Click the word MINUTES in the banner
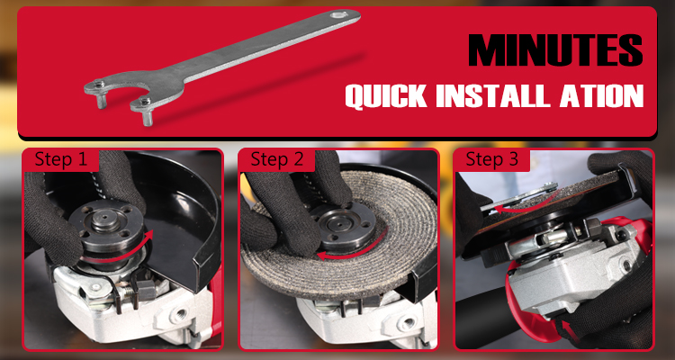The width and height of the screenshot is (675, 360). point(555,49)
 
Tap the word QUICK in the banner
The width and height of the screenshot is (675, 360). point(386,95)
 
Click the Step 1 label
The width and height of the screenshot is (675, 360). point(60,159)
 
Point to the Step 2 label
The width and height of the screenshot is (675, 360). point(277,159)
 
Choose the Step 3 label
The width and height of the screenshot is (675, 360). point(492,159)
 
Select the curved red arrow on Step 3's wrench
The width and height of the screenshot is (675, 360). point(522,206)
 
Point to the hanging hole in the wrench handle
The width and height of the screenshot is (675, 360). point(338,15)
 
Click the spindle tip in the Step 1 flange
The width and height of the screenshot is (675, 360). point(104,214)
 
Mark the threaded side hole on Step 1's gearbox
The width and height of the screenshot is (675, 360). point(177,316)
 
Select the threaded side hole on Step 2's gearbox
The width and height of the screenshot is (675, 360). point(406,323)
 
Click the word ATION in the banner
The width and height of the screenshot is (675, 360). point(601,95)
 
